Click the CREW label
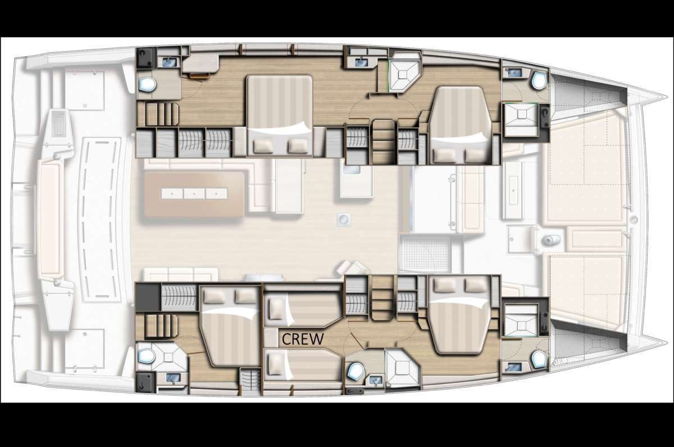[303, 339]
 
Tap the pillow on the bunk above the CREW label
[276, 309]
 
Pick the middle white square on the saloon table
[194, 193]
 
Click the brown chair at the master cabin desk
[200, 75]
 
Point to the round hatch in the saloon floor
[343, 219]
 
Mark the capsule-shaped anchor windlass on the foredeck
[550, 240]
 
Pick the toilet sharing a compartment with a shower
[147, 356]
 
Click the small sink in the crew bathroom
[376, 380]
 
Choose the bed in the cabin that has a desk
[280, 116]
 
